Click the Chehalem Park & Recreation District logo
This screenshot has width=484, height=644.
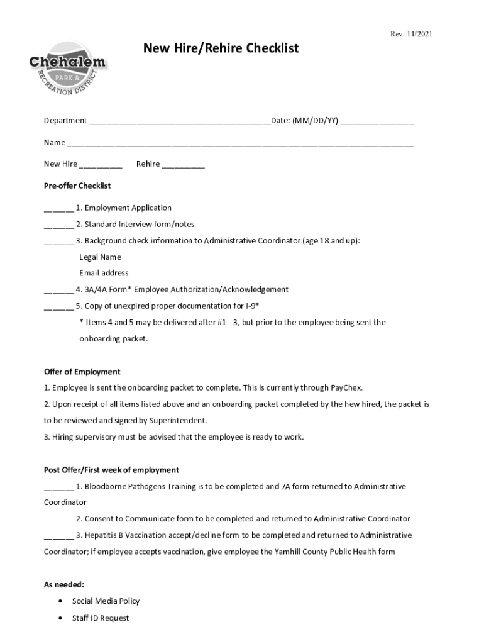coord(69,68)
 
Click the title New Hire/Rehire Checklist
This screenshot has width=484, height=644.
coord(221,48)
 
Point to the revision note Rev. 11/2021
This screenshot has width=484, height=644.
coord(411,34)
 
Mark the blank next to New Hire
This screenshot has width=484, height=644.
coord(101,165)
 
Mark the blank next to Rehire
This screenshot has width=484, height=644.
coord(183,165)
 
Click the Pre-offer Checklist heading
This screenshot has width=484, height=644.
coord(77,186)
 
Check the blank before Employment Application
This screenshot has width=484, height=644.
coord(58,209)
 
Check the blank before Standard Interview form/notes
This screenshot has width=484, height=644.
coord(58,225)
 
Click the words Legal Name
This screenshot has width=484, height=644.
coord(100,257)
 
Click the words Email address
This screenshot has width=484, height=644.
coord(104,273)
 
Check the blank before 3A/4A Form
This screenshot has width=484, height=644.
coord(58,291)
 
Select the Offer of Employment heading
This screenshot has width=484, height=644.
coord(82,372)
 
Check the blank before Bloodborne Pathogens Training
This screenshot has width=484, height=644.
coord(58,487)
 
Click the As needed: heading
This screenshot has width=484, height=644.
coord(64,584)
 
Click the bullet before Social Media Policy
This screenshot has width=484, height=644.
coord(60,601)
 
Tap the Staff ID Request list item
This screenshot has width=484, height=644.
coord(101,618)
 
